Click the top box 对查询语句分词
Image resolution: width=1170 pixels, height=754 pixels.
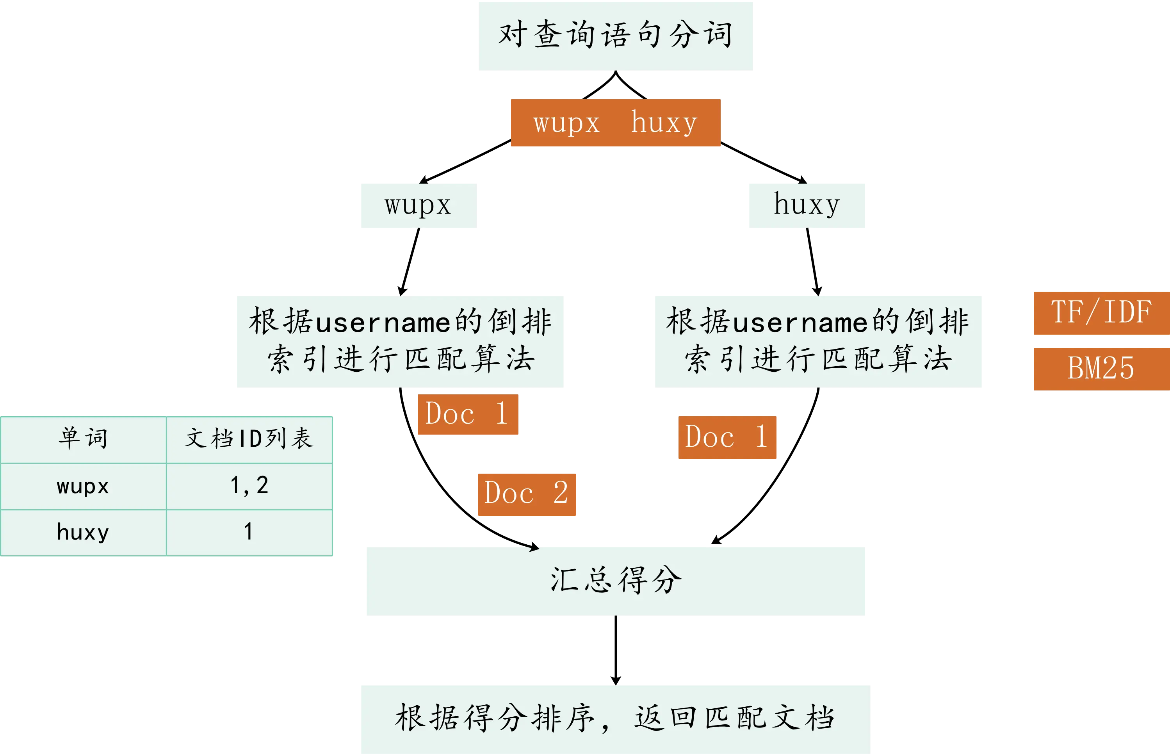[616, 36]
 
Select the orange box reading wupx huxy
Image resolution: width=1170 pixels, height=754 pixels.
[615, 122]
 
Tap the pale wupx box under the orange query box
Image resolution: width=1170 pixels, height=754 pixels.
[418, 205]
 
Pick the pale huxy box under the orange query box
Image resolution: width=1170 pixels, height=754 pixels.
[805, 205]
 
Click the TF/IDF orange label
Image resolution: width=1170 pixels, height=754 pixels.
[1101, 313]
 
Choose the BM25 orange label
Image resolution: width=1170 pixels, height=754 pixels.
[1101, 368]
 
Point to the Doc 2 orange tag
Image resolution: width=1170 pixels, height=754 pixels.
[527, 494]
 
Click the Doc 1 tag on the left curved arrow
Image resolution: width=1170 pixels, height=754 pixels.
[467, 414]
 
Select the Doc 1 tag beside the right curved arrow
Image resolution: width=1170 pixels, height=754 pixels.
[727, 437]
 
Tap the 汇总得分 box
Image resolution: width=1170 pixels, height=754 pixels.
[615, 582]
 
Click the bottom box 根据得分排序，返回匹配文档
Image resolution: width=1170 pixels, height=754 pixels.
[615, 718]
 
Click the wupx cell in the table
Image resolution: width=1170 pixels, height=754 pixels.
[83, 486]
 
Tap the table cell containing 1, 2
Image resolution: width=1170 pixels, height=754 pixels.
[249, 486]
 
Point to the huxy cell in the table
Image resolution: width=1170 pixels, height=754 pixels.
[83, 532]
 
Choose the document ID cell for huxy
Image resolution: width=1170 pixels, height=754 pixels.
[249, 532]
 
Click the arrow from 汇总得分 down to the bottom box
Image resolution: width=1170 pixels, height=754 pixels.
[615, 650]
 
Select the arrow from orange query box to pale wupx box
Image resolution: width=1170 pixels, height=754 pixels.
[465, 162]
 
